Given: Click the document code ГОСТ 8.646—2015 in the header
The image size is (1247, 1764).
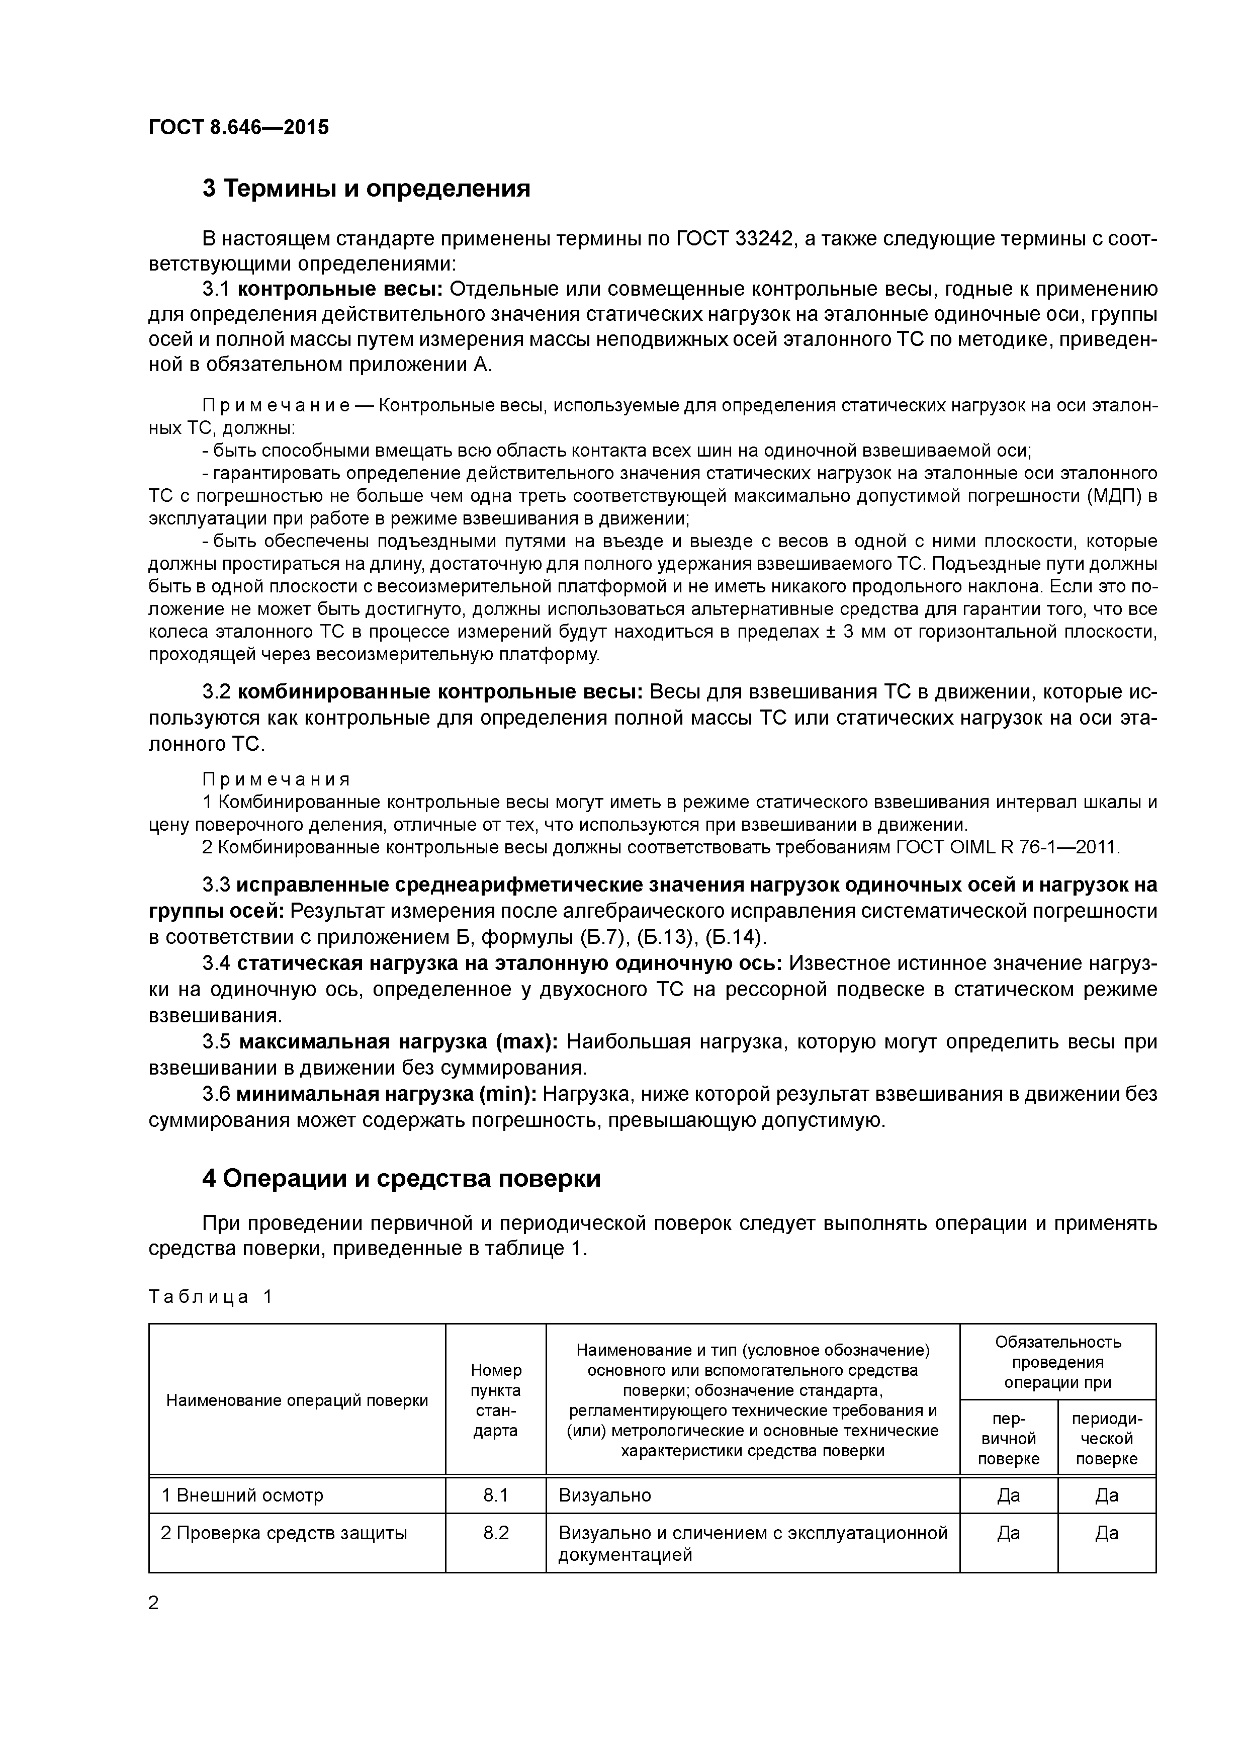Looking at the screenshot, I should [238, 127].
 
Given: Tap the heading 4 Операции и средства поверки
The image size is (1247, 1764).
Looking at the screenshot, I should [401, 1179].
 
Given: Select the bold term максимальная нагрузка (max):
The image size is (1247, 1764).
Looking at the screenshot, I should [399, 1042].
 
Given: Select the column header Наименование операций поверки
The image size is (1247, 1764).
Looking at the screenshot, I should [297, 1400].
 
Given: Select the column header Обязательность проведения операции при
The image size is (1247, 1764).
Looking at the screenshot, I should [1058, 1361].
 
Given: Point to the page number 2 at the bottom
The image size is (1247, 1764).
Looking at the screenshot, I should [154, 1603].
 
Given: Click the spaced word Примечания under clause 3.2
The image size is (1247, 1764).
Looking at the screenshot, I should [277, 780].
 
